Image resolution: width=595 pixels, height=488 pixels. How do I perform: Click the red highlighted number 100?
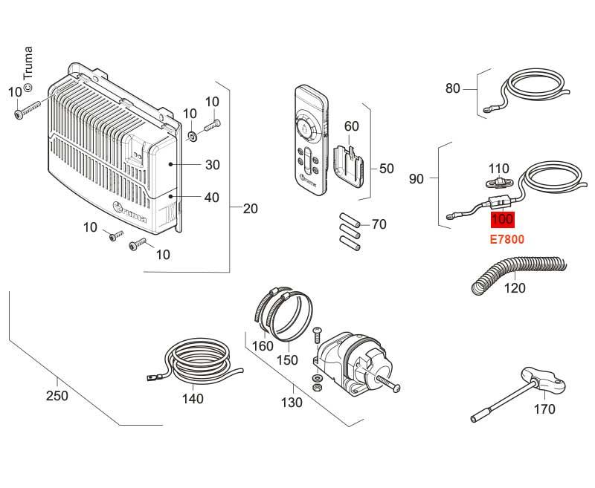[503, 220]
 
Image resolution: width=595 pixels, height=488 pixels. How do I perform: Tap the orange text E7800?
[507, 240]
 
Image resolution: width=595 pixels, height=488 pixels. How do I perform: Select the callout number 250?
[57, 396]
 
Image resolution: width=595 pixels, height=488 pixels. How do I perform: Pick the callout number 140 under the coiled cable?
[193, 398]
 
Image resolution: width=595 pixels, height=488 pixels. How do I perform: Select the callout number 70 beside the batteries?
[379, 224]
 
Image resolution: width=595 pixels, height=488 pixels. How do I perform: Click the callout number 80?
[453, 88]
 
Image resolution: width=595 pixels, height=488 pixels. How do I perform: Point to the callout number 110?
[498, 169]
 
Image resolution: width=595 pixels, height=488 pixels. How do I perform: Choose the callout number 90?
[416, 179]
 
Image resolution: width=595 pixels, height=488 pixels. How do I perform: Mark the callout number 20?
[251, 209]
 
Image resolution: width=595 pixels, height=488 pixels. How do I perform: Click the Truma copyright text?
[28, 71]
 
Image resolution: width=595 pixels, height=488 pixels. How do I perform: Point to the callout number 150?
[287, 360]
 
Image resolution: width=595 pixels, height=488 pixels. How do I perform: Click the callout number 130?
[292, 403]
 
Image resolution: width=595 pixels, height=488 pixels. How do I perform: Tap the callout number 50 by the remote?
[387, 169]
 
